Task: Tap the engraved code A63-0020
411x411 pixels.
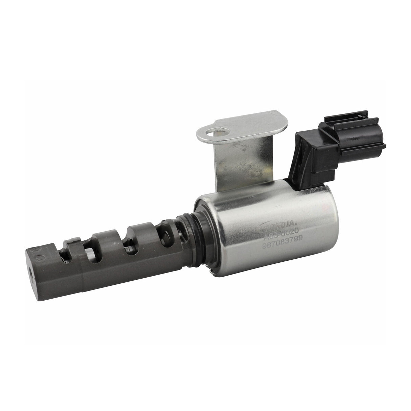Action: click(x=280, y=239)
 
